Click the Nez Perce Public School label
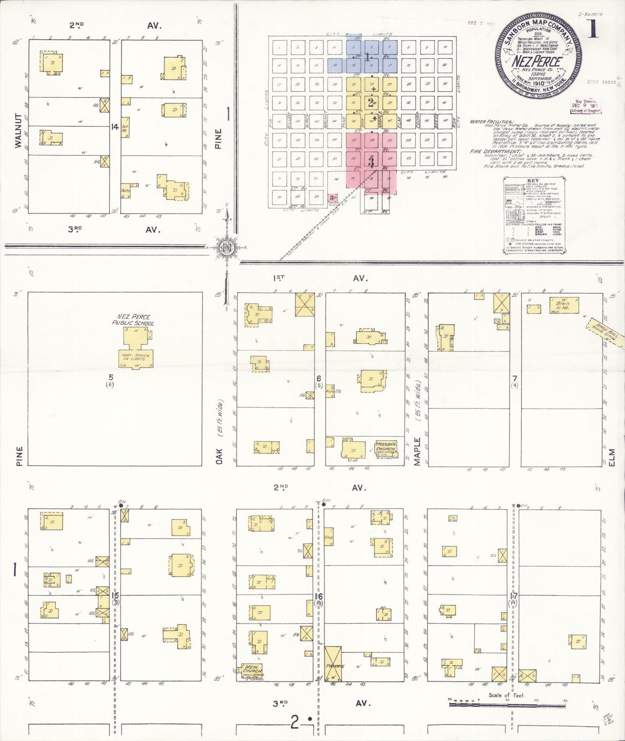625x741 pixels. [133, 319]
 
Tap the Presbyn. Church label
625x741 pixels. [385, 447]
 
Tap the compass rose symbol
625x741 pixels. [227, 248]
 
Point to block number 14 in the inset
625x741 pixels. [115, 127]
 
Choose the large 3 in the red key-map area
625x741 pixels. [371, 162]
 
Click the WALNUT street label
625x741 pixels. [18, 131]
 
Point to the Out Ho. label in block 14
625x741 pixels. [125, 126]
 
